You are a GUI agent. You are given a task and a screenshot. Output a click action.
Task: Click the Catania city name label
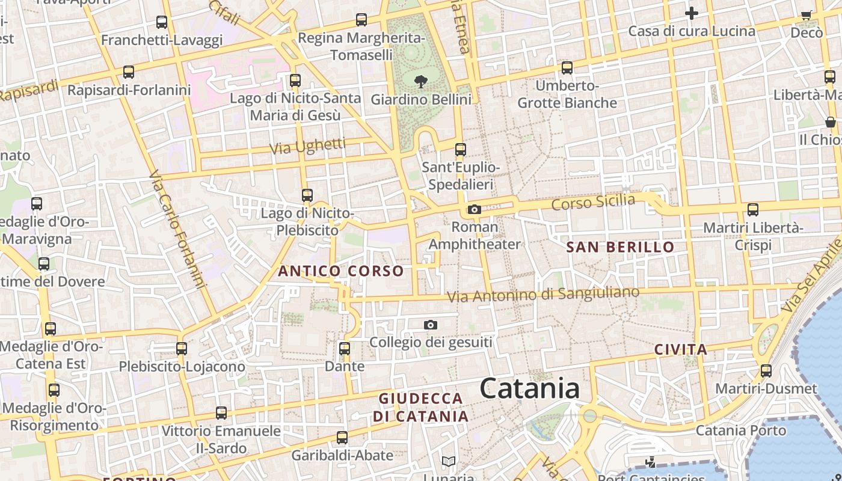click(530, 388)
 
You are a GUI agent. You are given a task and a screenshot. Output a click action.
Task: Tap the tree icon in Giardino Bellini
click(421, 81)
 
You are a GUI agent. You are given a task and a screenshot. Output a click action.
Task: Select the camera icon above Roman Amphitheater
click(475, 209)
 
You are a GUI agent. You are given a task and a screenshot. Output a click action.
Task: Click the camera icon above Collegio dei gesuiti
click(431, 325)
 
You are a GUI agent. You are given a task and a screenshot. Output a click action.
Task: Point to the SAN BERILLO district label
click(620, 247)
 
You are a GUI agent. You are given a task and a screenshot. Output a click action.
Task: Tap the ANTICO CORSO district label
click(341, 271)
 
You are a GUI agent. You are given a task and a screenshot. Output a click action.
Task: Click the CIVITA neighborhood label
click(681, 349)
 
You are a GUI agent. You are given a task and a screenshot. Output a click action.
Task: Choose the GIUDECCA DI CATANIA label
click(420, 407)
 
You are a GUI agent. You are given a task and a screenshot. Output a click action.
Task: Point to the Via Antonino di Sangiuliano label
click(543, 295)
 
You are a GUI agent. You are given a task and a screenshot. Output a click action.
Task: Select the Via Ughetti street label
click(307, 146)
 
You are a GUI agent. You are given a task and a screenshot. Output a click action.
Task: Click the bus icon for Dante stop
click(345, 349)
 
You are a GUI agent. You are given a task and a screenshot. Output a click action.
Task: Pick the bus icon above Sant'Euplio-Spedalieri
click(461, 150)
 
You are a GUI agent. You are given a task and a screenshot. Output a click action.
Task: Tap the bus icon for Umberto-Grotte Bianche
click(567, 68)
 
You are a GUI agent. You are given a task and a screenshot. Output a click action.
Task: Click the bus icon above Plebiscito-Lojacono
click(182, 349)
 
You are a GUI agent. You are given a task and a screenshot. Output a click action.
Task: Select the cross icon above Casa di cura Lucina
click(692, 13)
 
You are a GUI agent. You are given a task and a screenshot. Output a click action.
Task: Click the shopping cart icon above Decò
click(807, 15)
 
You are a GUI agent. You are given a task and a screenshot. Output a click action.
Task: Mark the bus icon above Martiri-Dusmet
click(766, 370)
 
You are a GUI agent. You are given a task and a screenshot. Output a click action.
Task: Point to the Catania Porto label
click(741, 430)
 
